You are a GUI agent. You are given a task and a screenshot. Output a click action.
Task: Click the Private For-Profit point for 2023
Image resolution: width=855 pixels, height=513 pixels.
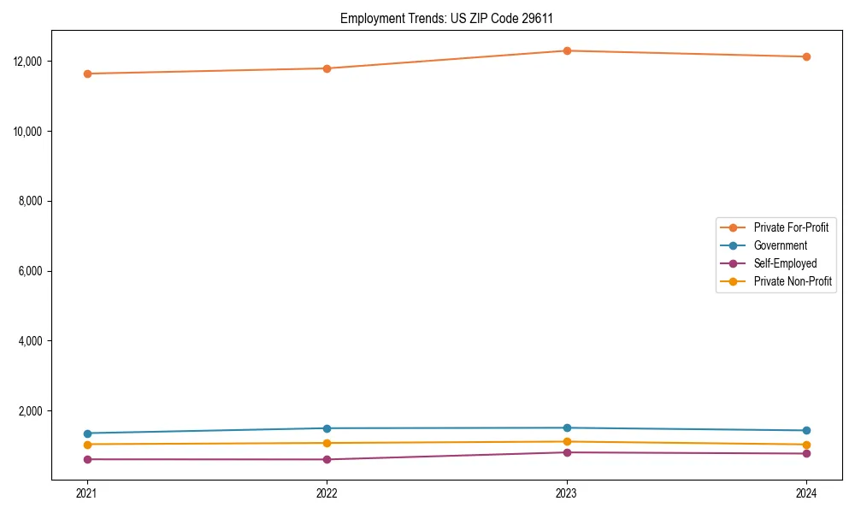tap(566, 50)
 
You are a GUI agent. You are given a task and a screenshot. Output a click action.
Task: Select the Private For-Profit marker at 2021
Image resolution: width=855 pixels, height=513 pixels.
tap(86, 74)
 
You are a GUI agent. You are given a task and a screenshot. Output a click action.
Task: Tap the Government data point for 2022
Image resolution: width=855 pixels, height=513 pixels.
tap(327, 428)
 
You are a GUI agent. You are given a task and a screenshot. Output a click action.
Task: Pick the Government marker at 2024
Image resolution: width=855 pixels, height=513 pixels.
tap(806, 430)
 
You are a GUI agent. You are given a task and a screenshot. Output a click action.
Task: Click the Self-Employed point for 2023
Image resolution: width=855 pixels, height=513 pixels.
tap(566, 452)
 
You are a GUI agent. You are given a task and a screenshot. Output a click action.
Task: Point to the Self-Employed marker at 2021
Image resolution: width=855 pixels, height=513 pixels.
tap(86, 459)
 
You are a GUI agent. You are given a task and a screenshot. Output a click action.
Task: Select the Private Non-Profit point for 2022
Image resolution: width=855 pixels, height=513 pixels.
tap(327, 443)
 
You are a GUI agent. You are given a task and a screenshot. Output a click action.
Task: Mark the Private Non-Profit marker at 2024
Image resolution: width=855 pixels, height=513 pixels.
tap(806, 445)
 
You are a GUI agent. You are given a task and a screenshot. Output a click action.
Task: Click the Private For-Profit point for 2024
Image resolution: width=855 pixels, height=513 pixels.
tap(806, 56)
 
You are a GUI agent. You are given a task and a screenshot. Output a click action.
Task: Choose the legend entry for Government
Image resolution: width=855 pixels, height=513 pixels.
tap(780, 245)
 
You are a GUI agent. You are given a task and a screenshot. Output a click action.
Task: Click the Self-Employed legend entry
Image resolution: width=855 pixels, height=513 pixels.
tap(785, 263)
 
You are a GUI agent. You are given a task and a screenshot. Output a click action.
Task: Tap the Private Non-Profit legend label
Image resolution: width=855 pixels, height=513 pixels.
tap(793, 281)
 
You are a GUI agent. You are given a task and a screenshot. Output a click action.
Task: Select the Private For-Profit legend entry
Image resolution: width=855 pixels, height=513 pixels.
tap(791, 227)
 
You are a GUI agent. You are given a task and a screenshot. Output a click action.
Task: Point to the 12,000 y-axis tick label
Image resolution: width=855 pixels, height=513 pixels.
tap(30, 62)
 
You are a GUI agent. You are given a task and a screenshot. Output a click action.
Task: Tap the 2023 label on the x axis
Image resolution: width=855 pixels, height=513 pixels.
tap(566, 492)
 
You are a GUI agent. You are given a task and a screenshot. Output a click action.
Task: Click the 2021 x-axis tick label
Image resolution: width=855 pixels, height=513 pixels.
tap(86, 492)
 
